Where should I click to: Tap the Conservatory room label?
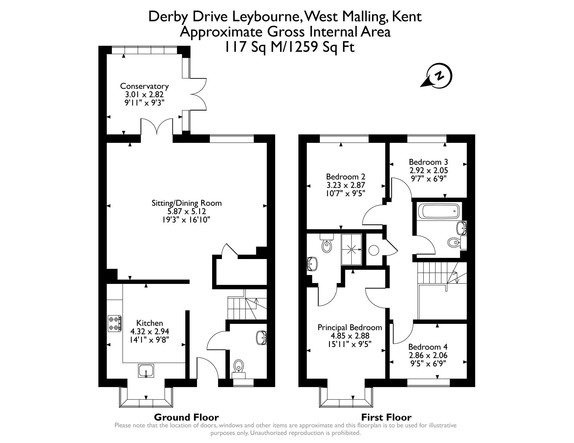[x=144, y=86]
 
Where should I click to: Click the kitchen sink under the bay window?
[x=146, y=371]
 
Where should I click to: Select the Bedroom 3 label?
[x=428, y=162]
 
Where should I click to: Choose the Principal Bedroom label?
[x=350, y=327]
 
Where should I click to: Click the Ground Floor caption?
[x=186, y=417]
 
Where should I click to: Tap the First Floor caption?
[x=386, y=417]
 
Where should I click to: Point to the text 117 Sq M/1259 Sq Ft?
[x=289, y=47]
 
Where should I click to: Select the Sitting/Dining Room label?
[x=186, y=203]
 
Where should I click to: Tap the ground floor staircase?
[x=244, y=308]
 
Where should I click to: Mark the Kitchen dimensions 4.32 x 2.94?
[x=149, y=332]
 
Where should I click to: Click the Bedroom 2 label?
[x=345, y=177]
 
